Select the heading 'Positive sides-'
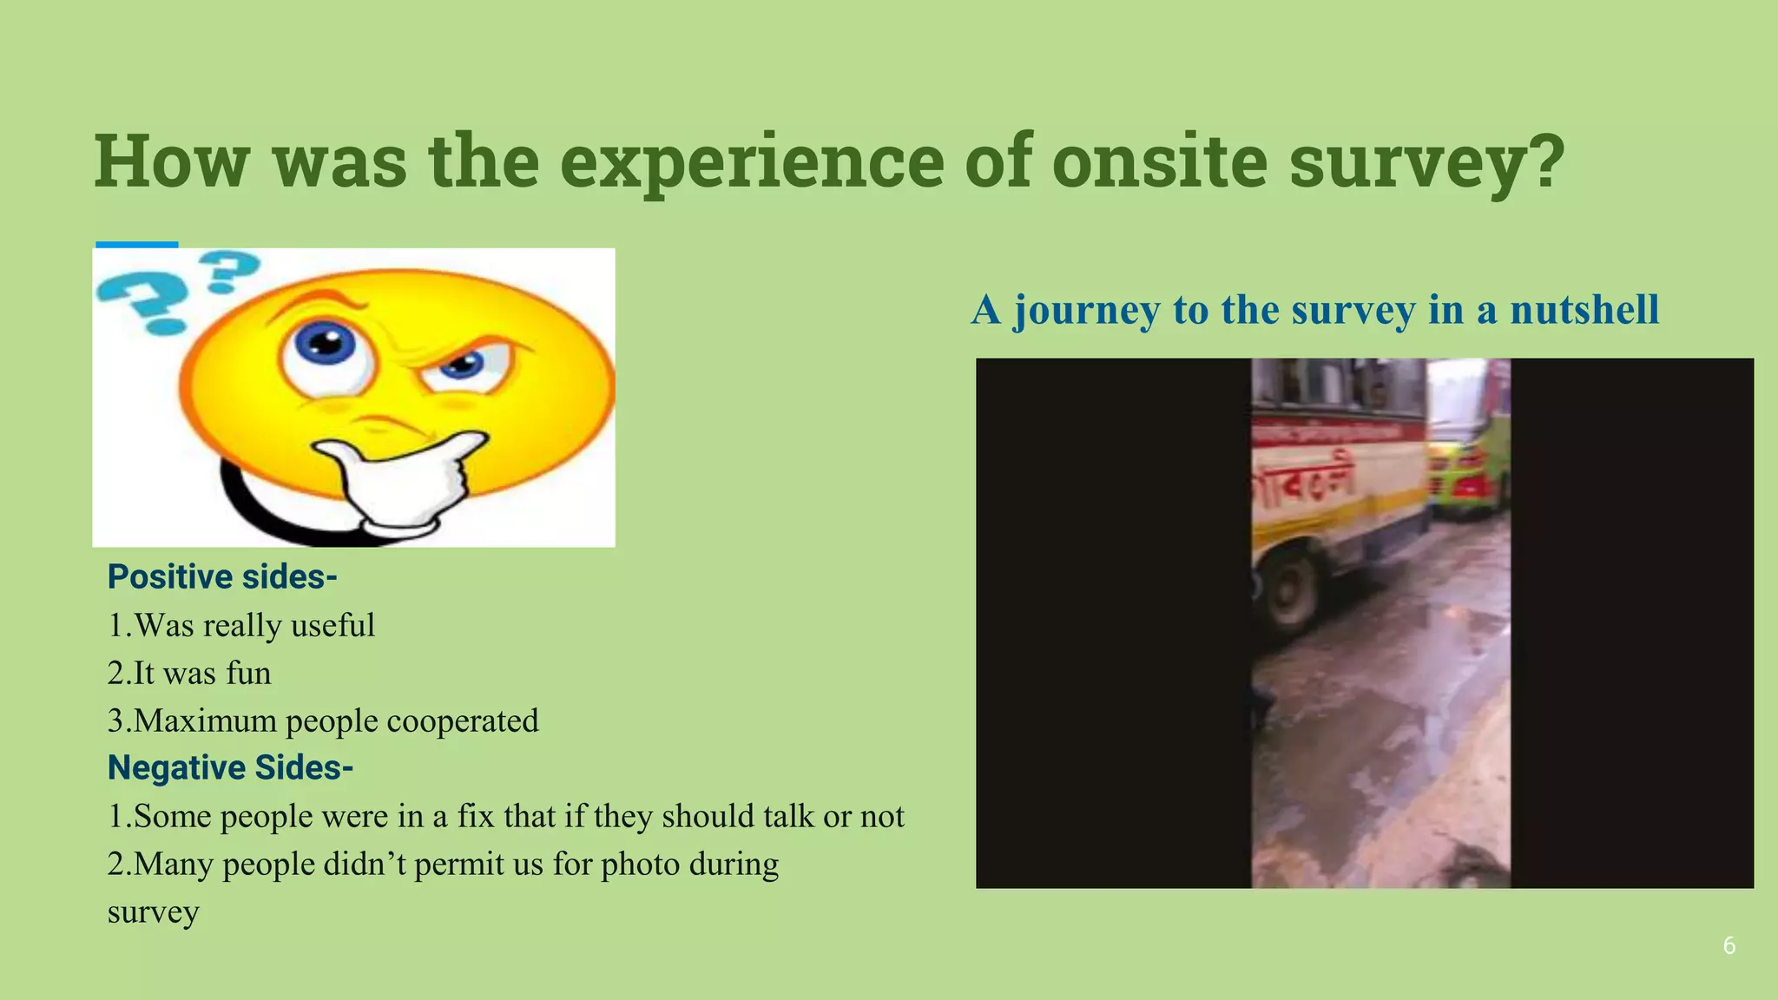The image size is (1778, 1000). click(x=222, y=577)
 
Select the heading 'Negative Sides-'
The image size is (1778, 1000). click(x=230, y=768)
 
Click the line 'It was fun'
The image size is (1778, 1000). click(x=189, y=674)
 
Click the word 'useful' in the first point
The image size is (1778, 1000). click(x=333, y=626)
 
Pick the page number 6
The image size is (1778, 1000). click(x=1729, y=946)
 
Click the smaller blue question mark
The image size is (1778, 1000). click(x=227, y=270)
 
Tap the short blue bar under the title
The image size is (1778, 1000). click(x=136, y=245)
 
